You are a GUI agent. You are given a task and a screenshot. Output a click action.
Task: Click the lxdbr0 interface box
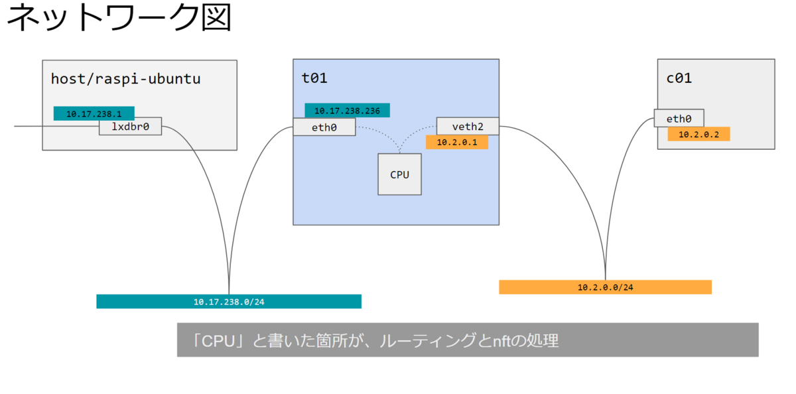(130, 126)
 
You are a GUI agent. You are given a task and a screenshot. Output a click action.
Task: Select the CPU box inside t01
(399, 174)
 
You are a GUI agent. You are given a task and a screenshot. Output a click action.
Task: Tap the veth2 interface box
(468, 126)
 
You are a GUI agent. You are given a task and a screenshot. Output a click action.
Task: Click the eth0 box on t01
(324, 127)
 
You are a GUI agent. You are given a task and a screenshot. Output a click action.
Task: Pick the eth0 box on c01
(679, 118)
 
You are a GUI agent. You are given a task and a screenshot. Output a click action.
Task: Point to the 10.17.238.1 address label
(94, 113)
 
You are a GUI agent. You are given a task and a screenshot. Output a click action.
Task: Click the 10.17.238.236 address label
(347, 111)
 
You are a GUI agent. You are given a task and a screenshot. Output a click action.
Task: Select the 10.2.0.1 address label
(457, 142)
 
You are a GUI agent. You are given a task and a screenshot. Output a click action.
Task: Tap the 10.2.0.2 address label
(698, 134)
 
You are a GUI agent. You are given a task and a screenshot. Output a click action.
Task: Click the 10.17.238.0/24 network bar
(229, 301)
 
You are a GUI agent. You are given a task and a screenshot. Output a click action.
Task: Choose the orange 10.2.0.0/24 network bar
(605, 287)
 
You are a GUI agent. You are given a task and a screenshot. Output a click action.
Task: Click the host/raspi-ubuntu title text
(126, 78)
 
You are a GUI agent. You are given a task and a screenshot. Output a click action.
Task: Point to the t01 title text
(314, 78)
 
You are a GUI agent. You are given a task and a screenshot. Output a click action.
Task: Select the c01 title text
(679, 78)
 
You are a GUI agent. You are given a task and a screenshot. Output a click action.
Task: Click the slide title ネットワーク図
(119, 17)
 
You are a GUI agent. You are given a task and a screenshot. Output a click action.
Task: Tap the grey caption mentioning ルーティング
(468, 340)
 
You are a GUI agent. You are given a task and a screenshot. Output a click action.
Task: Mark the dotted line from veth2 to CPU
(411, 133)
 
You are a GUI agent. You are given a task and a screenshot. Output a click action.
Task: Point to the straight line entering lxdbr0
(56, 126)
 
